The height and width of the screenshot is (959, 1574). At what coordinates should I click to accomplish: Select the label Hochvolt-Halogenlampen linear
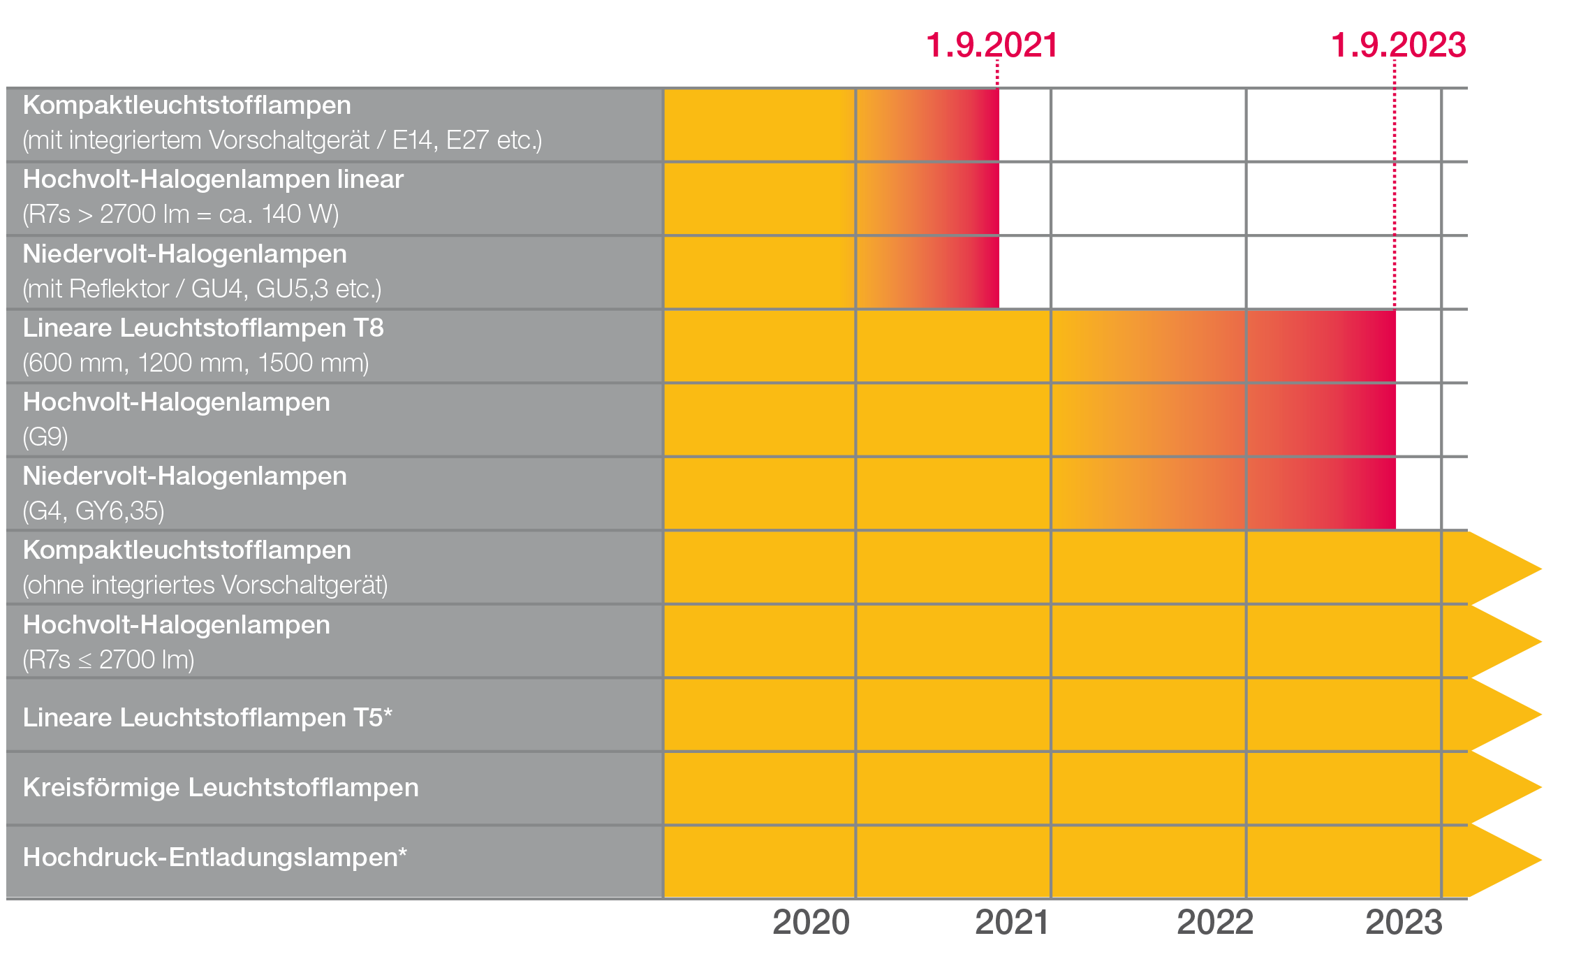pos(213,180)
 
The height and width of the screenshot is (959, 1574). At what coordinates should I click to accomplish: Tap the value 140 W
pos(299,214)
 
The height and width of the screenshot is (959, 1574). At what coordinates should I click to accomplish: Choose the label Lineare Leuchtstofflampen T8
pos(203,328)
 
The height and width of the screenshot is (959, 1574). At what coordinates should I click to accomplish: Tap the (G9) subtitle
pos(45,437)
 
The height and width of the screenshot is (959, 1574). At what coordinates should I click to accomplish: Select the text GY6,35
pos(119,511)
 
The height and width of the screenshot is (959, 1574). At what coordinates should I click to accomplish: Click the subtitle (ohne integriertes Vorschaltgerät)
pos(205,585)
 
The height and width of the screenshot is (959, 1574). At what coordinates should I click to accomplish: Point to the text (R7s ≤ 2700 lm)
pos(108,659)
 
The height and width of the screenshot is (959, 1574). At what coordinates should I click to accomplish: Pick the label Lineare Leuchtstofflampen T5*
pos(207,717)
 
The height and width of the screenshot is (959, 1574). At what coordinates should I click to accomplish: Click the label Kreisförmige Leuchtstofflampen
pos(221,787)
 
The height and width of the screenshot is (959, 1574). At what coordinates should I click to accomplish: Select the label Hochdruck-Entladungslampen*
pos(214,857)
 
